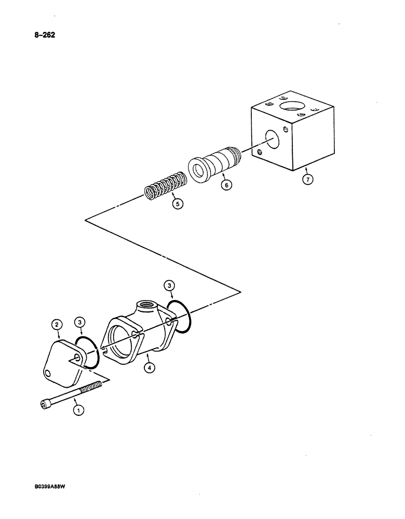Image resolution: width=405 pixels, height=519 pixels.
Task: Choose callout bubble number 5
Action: (x=178, y=204)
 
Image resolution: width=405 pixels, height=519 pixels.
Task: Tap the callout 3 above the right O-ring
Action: (x=169, y=284)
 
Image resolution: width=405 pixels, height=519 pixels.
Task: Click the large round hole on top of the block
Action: (x=293, y=106)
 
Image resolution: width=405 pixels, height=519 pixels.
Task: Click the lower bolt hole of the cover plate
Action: (x=48, y=373)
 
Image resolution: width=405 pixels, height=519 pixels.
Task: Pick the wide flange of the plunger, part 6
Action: (x=198, y=169)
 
